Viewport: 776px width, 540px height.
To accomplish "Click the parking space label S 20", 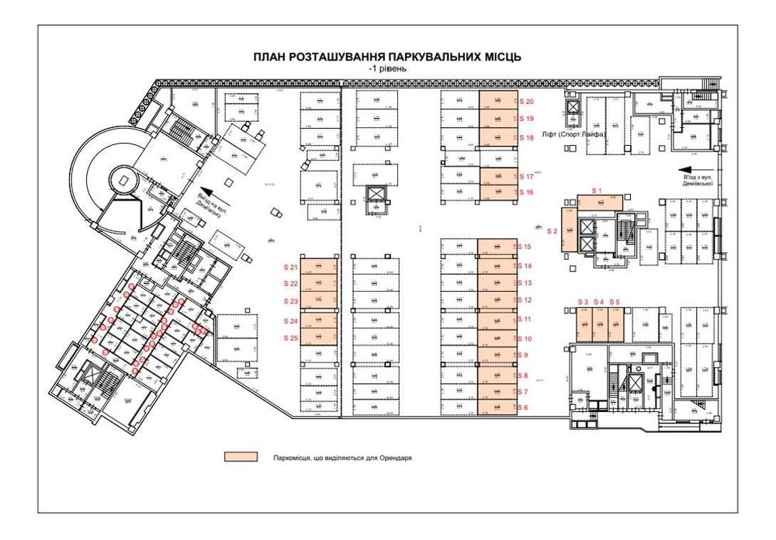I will [527, 102].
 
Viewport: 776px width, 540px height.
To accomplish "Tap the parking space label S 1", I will [597, 190].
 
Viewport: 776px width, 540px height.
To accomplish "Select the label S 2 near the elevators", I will [553, 231].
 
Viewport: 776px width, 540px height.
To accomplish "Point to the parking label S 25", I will [291, 338].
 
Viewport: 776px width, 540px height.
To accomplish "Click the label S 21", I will [291, 268].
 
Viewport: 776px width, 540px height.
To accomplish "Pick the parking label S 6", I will [523, 407].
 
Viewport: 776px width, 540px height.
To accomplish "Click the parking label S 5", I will [615, 302].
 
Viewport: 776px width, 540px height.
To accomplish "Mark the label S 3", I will [583, 302].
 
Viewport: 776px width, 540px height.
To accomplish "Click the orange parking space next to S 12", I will [497, 300].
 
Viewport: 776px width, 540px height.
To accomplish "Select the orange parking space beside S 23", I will [319, 302].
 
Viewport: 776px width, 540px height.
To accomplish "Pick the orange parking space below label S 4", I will [599, 324].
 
